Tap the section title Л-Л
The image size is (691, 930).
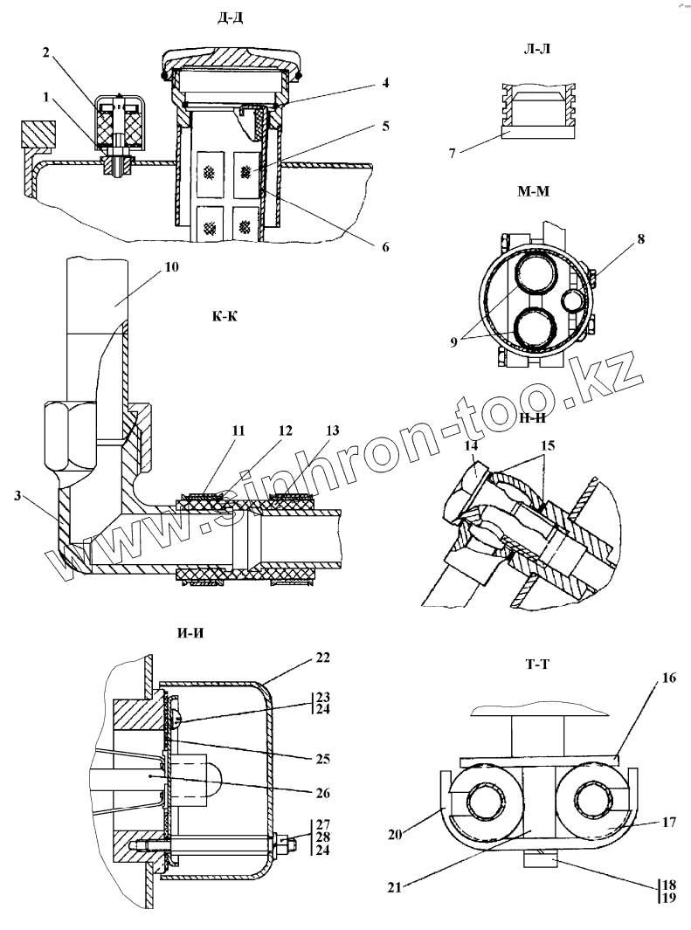pyautogui.click(x=536, y=50)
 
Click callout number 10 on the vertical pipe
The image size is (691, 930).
pyautogui.click(x=171, y=267)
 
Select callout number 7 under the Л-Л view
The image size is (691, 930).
pyautogui.click(x=453, y=154)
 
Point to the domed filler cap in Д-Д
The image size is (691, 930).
pyautogui.click(x=232, y=66)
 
